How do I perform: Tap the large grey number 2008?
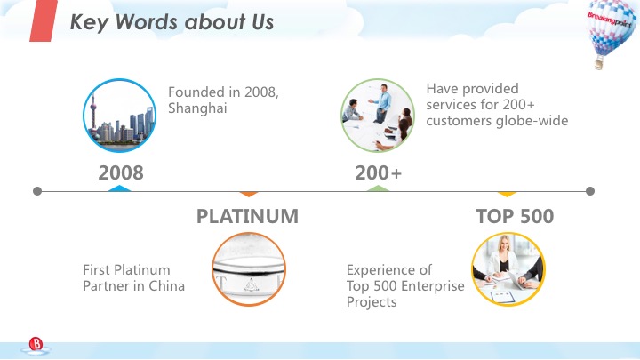(121, 173)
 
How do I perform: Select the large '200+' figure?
(379, 173)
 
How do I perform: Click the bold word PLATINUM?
(247, 217)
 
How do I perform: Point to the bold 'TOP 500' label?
(515, 217)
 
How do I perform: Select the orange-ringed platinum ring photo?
(249, 269)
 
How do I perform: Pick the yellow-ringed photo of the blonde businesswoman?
(508, 269)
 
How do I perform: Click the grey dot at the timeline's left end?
(36, 191)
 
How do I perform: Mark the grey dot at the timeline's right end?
(591, 191)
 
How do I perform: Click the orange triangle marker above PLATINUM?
(249, 194)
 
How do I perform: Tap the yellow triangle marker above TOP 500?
(507, 194)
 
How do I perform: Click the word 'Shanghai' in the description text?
(197, 108)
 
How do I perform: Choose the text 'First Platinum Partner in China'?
(133, 277)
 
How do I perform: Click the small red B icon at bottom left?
(36, 344)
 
